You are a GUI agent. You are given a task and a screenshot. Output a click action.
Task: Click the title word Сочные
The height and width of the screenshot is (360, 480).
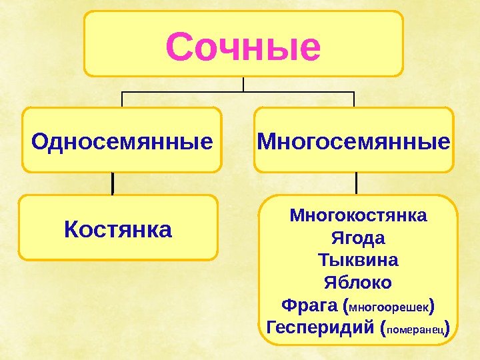243,46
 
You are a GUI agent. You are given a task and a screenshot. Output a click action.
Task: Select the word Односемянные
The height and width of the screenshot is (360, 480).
122,141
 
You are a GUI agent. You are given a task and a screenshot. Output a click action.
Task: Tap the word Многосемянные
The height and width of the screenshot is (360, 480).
353,141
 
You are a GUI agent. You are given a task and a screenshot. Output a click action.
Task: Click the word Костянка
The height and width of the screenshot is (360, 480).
118,230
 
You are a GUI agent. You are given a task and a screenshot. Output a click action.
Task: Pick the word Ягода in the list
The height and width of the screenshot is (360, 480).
358,238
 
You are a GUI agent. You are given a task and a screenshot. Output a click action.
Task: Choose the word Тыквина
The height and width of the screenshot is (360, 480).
358,259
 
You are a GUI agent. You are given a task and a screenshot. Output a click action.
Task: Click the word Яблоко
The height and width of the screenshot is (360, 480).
358,281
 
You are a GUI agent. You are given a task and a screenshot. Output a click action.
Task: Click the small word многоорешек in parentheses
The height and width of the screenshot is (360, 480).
389,307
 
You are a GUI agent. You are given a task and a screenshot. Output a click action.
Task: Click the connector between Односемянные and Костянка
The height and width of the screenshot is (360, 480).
113,183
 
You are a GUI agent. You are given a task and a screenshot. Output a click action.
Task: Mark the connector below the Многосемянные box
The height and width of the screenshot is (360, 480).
357,183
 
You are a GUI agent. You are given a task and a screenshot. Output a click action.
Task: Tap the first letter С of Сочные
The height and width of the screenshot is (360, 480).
179,47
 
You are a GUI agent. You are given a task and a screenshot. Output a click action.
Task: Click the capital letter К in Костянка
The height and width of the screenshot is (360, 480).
71,230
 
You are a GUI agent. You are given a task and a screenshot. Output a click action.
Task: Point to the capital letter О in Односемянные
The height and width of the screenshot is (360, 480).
39,141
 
